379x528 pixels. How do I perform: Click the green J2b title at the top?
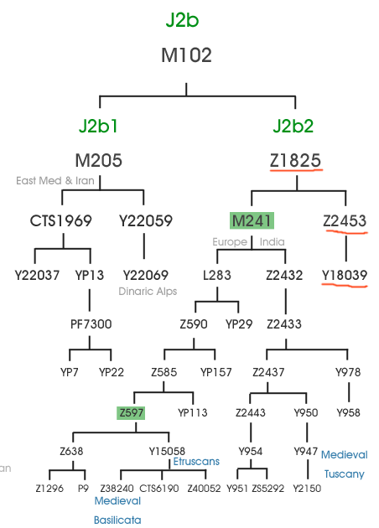(x=182, y=20)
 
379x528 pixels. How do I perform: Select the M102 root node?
(x=186, y=54)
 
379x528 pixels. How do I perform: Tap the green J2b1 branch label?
(x=98, y=126)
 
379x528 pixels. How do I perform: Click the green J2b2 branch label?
(x=293, y=126)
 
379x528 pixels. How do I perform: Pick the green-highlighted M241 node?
(x=252, y=221)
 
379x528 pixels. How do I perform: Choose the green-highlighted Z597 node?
(x=131, y=412)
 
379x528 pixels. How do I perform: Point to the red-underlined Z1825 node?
(x=295, y=160)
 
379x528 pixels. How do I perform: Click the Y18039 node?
(x=345, y=276)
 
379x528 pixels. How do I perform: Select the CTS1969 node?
(x=60, y=221)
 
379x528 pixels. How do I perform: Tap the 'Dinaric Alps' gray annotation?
(x=148, y=292)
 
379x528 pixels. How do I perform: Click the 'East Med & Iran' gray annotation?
(x=55, y=181)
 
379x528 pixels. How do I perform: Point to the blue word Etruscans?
(x=196, y=461)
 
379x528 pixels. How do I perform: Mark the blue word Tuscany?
(x=345, y=474)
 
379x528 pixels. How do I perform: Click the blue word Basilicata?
(x=117, y=520)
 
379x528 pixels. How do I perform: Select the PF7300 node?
(x=91, y=324)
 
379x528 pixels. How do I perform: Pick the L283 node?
(x=217, y=276)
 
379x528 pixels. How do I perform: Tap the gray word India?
(x=272, y=241)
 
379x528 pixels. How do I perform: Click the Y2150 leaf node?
(x=307, y=489)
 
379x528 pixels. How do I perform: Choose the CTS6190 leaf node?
(x=158, y=489)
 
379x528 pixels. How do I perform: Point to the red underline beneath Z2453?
(x=346, y=231)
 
